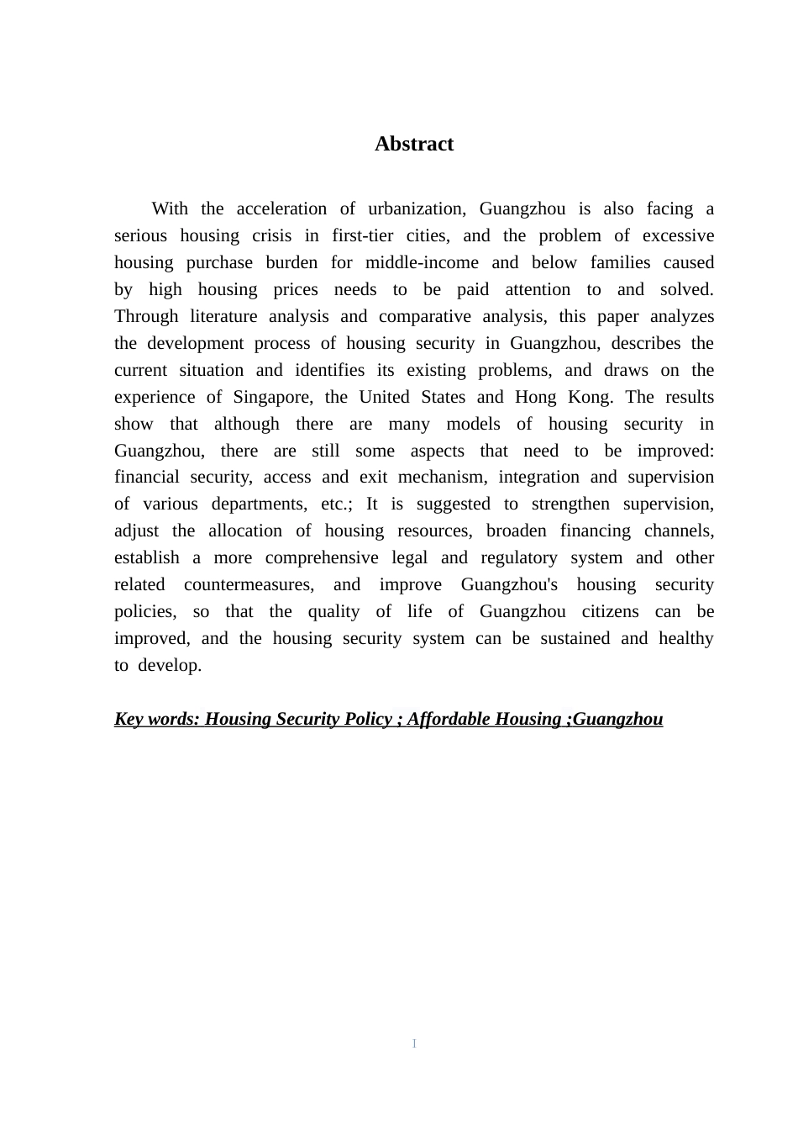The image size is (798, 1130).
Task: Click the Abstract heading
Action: pos(413,144)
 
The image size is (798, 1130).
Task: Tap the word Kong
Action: pos(589,397)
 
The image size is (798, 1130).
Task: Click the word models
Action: pos(475,424)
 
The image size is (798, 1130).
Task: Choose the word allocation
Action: pos(244,531)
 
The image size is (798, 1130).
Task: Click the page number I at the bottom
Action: pos(414,1043)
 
